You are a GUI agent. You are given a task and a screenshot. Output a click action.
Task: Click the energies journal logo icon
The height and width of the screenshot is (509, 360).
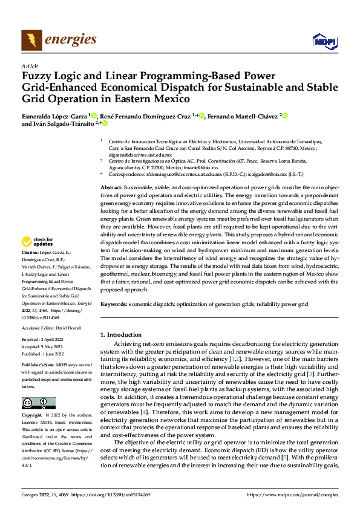pos(31,41)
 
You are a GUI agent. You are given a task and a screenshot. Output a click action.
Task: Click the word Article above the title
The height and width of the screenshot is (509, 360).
pos(30,66)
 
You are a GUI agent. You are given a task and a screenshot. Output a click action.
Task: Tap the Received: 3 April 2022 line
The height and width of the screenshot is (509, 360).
pos(43,339)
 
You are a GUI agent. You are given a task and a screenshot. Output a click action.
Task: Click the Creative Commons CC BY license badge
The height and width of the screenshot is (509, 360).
pos(38,403)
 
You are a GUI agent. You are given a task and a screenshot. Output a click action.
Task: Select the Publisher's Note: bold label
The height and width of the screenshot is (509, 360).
pos(39,366)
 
